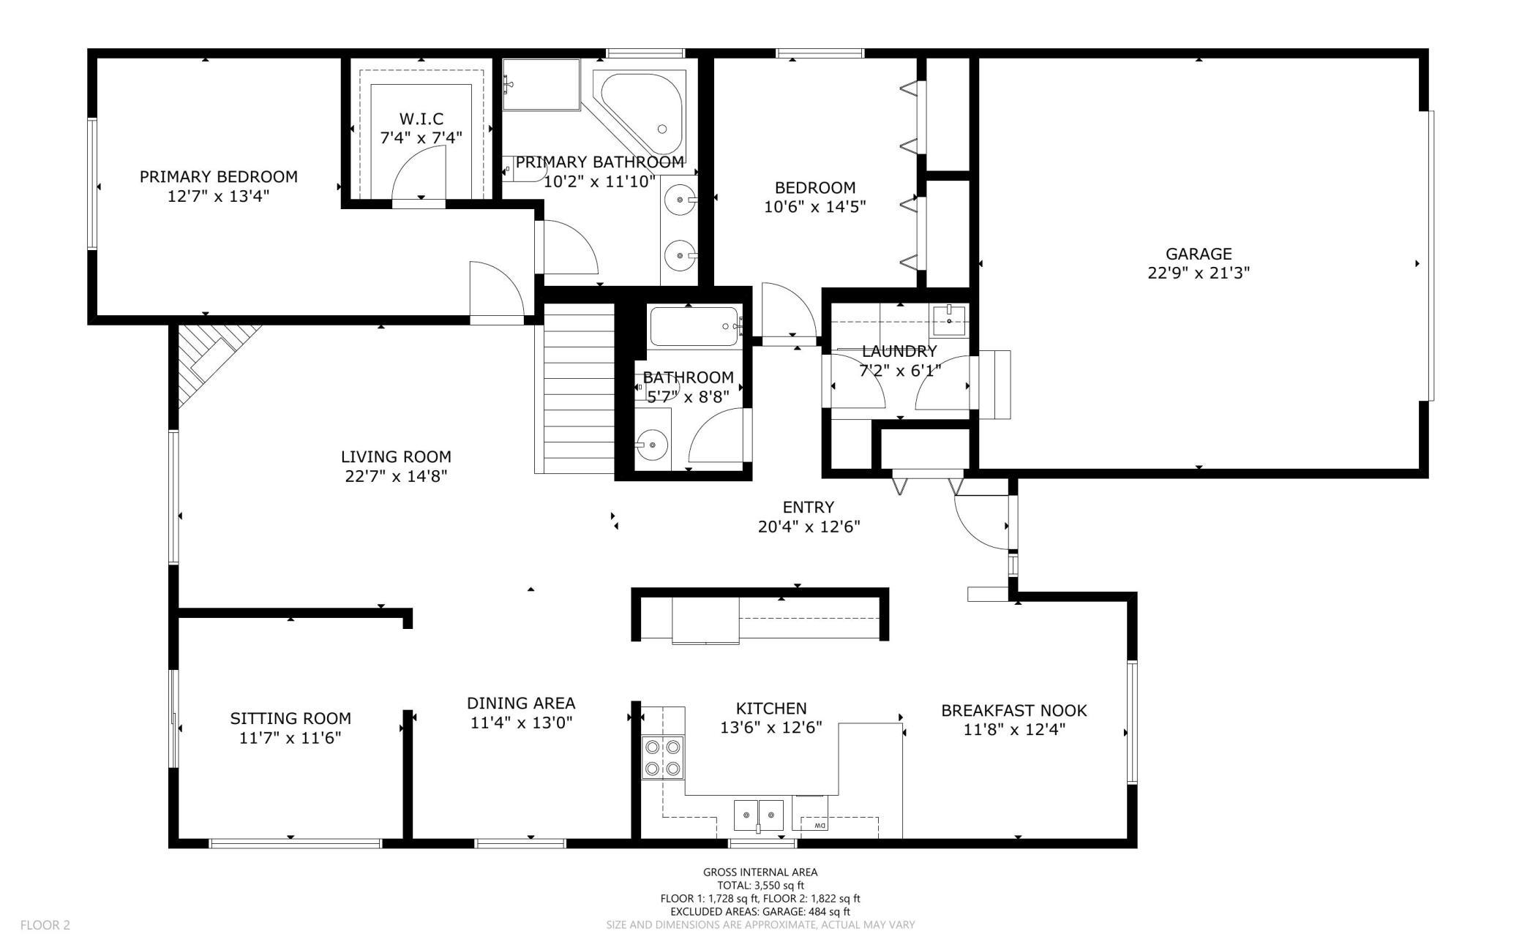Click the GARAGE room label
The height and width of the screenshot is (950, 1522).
pyautogui.click(x=1199, y=254)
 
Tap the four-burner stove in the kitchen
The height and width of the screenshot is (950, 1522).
pyautogui.click(x=663, y=758)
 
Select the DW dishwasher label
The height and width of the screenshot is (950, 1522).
pyautogui.click(x=818, y=826)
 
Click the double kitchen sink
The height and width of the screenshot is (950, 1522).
pyautogui.click(x=759, y=814)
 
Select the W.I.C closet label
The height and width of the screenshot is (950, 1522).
pyautogui.click(x=421, y=118)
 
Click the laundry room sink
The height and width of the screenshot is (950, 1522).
pyautogui.click(x=948, y=317)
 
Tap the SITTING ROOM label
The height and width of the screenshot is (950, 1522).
pyautogui.click(x=290, y=719)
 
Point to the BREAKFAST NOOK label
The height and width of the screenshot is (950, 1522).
pyautogui.click(x=1013, y=710)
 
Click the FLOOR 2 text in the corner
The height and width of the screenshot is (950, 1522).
pyautogui.click(x=45, y=925)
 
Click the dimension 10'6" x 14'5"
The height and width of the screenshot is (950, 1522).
pyautogui.click(x=815, y=207)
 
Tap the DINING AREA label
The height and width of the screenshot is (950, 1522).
pyautogui.click(x=521, y=703)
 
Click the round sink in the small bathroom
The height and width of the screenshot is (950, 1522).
pyautogui.click(x=651, y=442)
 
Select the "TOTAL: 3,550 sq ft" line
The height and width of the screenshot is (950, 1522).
pyautogui.click(x=760, y=885)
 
